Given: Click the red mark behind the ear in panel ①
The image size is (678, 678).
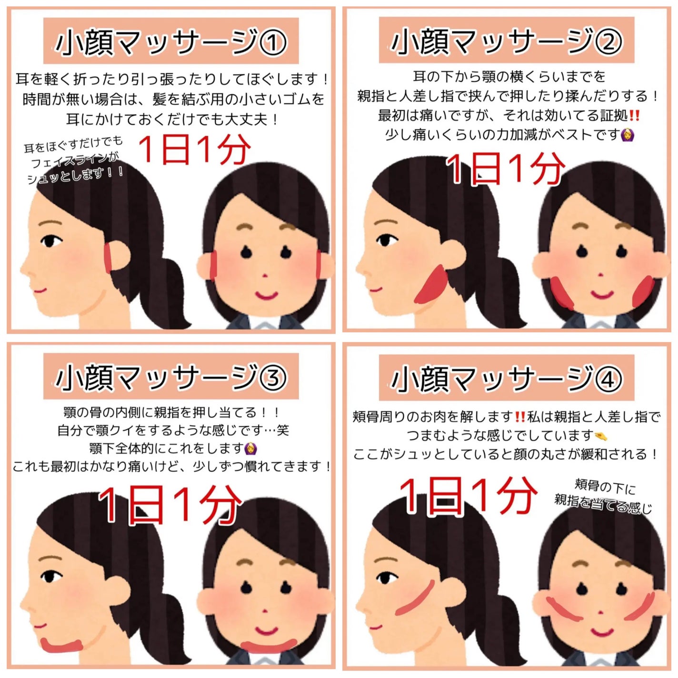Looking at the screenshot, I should [109, 257].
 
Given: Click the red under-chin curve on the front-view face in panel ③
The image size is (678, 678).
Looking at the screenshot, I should [269, 646].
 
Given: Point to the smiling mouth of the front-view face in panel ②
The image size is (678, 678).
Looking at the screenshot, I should [602, 293].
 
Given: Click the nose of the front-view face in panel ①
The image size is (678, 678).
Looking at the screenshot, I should [265, 276].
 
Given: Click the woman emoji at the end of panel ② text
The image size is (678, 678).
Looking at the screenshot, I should [628, 135].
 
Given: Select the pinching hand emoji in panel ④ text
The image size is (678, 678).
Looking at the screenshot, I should [601, 435].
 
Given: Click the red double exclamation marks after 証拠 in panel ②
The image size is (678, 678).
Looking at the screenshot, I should [634, 115].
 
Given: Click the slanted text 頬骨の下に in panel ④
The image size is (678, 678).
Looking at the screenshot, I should [605, 487].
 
